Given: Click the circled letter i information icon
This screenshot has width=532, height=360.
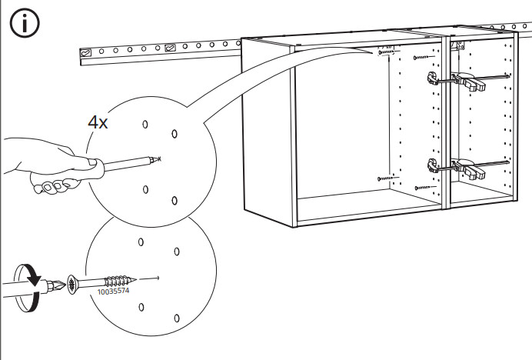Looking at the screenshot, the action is [25, 23].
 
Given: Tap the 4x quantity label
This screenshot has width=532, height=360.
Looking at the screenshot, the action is [98, 122].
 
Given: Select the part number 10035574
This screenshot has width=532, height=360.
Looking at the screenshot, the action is [113, 291].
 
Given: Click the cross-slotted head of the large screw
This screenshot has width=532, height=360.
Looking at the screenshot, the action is [72, 285].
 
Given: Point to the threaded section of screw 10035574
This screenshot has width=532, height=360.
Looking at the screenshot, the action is [117, 281].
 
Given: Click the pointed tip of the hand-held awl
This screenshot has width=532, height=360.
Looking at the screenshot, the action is [158, 158].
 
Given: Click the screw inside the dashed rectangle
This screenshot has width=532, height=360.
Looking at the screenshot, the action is [386, 52].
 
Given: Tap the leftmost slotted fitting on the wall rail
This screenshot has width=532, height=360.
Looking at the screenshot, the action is [85, 52].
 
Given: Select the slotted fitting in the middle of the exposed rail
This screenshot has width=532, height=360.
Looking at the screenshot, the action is [170, 48].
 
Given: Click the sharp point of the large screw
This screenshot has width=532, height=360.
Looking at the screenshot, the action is [135, 279].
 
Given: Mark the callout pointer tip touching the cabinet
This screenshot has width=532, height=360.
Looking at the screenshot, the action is [371, 53].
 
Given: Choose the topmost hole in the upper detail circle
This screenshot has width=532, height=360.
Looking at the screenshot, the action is [145, 125].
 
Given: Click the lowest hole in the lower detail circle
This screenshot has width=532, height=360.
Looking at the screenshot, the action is [177, 318].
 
